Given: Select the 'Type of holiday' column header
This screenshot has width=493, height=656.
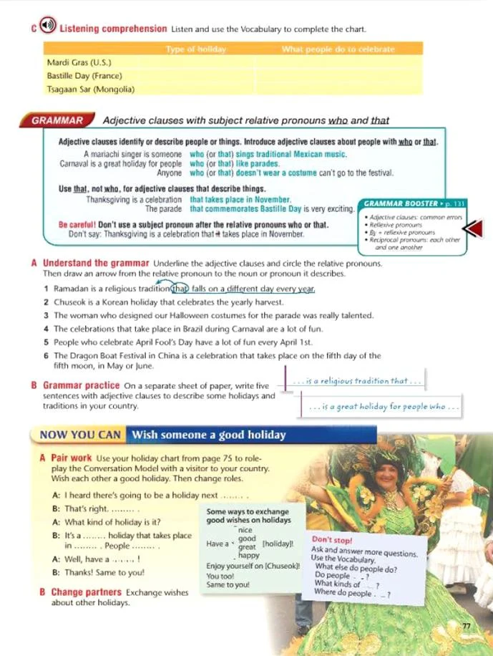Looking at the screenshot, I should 195,49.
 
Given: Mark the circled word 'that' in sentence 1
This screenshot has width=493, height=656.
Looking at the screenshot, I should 183,289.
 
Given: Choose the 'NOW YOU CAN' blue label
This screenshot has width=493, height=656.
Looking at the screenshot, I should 78,435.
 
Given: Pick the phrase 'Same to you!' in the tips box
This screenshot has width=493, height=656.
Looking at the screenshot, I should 228,585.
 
